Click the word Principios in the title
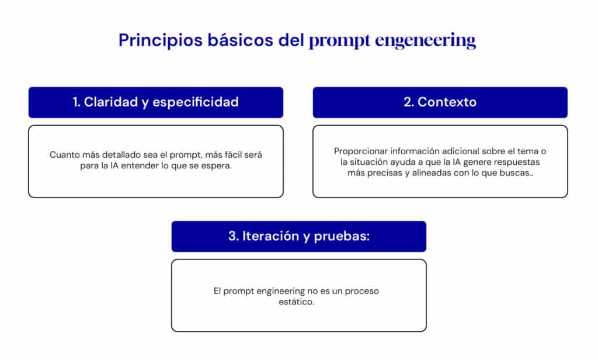pos(160,40)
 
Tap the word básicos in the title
pos(240,40)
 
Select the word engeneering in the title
pos(425,41)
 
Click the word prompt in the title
pos(339,41)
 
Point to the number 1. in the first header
pos(77,102)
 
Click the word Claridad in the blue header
pos(110,102)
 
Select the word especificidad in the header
pos(195,102)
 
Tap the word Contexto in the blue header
pos(447,102)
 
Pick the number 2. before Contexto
pos(408,102)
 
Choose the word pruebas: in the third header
pos(342,236)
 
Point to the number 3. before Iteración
pos(234,236)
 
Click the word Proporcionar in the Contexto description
pos(361,151)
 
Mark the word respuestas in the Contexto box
pos(517,162)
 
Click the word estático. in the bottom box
pos(296,302)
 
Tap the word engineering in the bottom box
pos(281,291)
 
